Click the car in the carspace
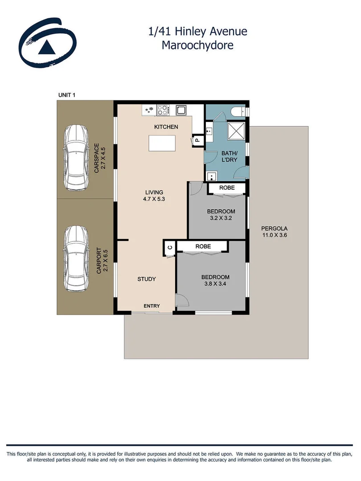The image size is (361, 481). click(76, 157)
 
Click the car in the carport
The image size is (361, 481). click(76, 259)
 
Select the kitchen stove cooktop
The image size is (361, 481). click(163, 110)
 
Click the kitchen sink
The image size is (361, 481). click(181, 110)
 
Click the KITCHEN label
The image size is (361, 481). click(166, 127)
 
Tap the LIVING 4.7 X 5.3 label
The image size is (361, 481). click(154, 196)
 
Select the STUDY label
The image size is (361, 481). click(146, 279)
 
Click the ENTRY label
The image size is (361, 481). click(152, 306)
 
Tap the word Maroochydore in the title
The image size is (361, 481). click(197, 45)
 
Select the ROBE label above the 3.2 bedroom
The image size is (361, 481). click(227, 188)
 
